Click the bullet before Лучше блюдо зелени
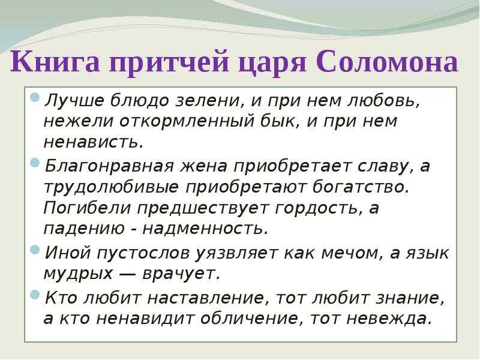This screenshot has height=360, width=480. pyautogui.click(x=35, y=98)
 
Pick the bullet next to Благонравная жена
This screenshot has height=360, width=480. pyautogui.click(x=35, y=163)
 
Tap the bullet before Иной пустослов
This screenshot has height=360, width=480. pyautogui.click(x=35, y=250)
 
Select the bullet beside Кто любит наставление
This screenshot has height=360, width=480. pyautogui.click(x=35, y=295)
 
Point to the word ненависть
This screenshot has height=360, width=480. pyautogui.click(x=94, y=142)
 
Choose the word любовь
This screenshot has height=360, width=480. pyautogui.click(x=383, y=100)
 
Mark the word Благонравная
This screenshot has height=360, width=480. pyautogui.click(x=109, y=166)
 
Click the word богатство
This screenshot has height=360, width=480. pyautogui.click(x=361, y=187)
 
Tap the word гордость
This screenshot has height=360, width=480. pyautogui.click(x=317, y=209)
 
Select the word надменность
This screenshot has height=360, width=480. pyautogui.click(x=205, y=229)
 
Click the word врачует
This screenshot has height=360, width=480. pyautogui.click(x=182, y=274)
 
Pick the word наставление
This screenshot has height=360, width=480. pyautogui.click(x=205, y=298)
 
